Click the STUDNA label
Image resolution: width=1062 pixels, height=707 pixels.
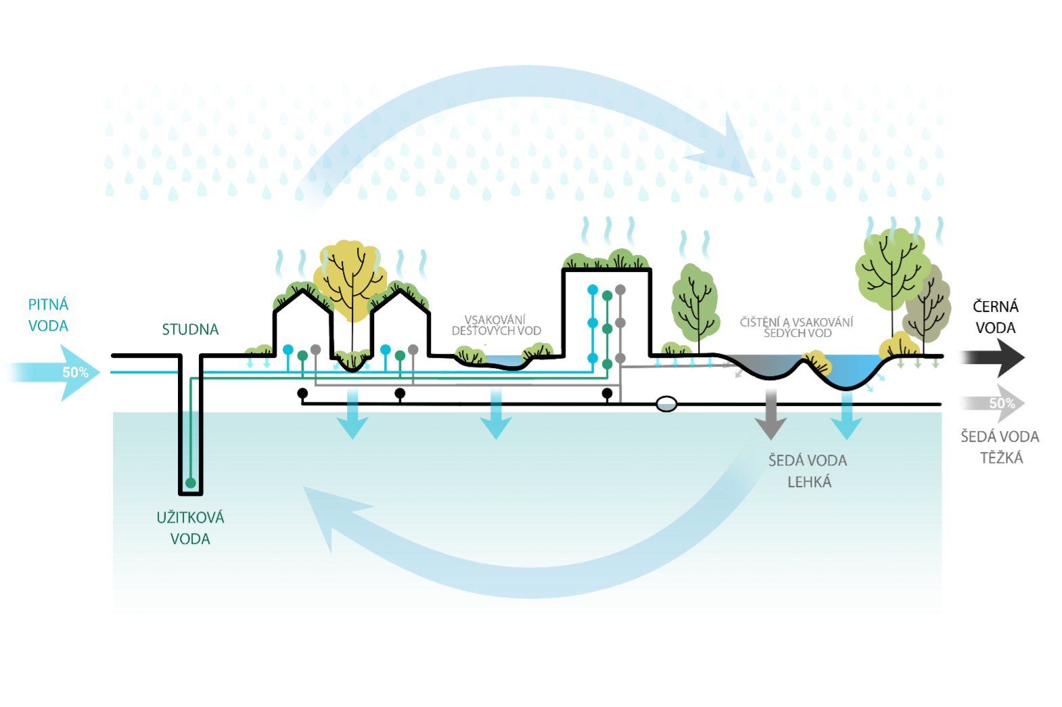(190, 329)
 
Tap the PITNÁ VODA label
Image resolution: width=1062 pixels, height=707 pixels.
(48, 315)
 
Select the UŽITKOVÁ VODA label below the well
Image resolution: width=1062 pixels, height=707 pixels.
(190, 528)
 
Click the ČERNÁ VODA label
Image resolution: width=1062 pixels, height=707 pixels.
(995, 317)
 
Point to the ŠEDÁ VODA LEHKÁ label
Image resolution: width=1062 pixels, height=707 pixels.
(808, 471)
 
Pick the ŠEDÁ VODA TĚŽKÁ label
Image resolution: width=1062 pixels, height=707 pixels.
(1000, 447)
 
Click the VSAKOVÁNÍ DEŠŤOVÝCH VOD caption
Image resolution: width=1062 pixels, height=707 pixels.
(497, 325)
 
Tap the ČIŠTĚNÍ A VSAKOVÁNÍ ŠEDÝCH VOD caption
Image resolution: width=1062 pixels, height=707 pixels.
(797, 327)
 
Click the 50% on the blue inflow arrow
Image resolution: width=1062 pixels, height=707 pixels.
(75, 372)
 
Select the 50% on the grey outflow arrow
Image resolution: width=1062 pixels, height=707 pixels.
(1002, 403)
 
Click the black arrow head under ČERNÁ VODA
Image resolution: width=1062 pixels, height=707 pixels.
(1011, 357)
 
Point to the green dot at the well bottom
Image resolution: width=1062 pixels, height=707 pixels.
(191, 482)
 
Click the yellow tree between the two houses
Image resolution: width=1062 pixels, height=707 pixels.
(350, 281)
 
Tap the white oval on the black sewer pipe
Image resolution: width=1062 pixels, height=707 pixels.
(666, 404)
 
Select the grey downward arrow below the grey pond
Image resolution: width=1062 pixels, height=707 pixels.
(771, 413)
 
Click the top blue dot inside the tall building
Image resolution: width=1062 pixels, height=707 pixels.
(593, 290)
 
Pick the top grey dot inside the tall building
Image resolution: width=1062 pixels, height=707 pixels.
(620, 290)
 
